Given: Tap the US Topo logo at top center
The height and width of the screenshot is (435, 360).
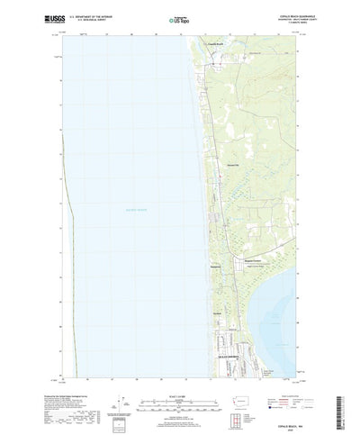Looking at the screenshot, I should tap(179, 17).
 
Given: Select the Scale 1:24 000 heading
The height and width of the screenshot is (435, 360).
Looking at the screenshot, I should tap(179, 369).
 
